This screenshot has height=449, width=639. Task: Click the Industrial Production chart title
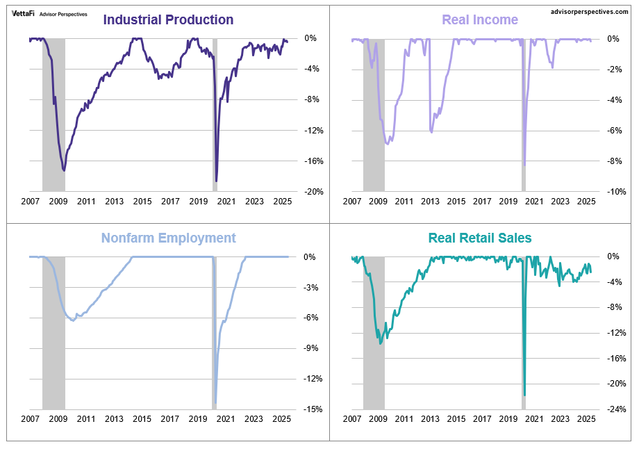[168, 20]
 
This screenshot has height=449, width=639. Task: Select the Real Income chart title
[480, 20]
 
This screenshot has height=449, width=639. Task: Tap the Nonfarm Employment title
[169, 238]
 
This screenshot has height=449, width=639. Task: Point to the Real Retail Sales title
[480, 238]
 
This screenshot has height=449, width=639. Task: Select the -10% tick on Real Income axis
[609, 191]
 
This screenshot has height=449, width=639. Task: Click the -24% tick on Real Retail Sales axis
[609, 409]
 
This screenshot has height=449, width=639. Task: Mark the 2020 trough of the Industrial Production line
[217, 181]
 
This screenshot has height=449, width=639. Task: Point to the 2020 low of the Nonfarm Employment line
[216, 402]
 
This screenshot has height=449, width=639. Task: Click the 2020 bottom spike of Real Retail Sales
[524, 395]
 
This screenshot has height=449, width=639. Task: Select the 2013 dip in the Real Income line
[431, 132]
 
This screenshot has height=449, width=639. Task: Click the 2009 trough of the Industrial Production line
[64, 170]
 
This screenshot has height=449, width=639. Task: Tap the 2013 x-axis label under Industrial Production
[114, 202]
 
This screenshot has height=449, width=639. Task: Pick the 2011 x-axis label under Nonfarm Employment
[85, 419]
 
